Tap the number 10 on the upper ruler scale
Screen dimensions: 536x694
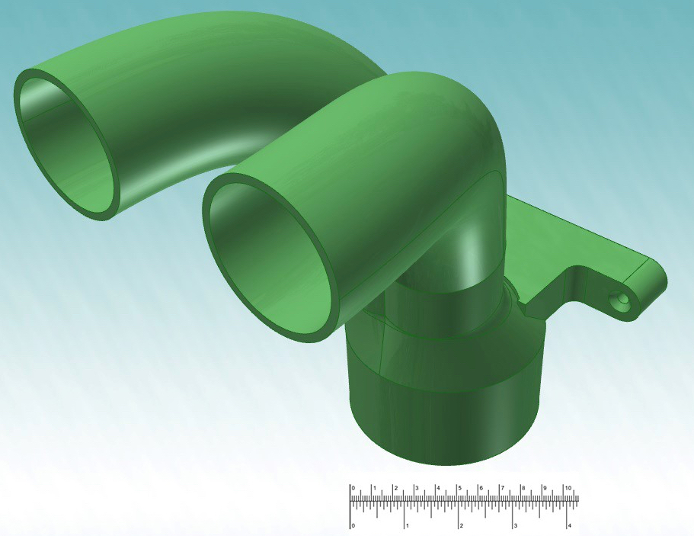[568, 488]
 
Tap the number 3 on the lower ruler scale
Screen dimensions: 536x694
[517, 525]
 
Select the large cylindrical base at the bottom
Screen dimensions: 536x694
[446, 412]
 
